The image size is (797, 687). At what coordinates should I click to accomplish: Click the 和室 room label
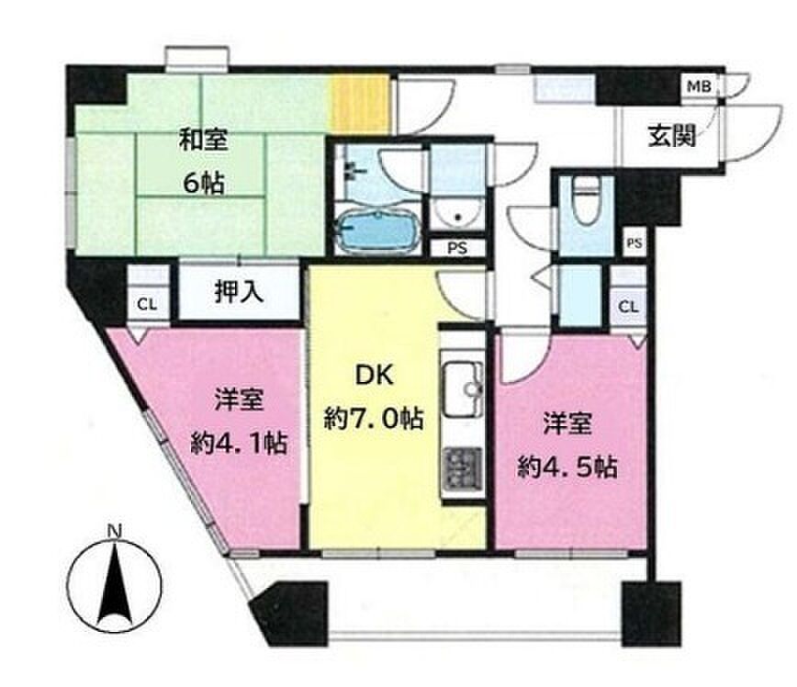[x=203, y=140]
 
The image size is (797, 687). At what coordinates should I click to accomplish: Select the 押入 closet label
[x=239, y=292]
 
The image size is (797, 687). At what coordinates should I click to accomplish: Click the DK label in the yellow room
[x=374, y=375]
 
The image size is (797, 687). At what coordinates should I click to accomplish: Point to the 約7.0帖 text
[x=374, y=419]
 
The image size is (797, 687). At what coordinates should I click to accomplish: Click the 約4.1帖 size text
[x=239, y=443]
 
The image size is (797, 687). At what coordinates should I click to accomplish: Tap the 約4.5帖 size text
[x=567, y=467]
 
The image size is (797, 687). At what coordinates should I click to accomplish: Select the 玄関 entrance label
[x=671, y=136]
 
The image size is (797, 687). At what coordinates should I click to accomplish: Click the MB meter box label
[x=699, y=86]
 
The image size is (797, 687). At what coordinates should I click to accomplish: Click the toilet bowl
[x=585, y=202]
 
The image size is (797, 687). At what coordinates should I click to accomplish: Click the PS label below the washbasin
[x=457, y=249]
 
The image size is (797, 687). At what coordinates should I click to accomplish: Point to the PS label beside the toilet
[x=634, y=243]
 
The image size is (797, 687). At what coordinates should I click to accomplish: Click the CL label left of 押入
[x=147, y=305]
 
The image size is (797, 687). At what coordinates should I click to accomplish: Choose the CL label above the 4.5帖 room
[x=628, y=307]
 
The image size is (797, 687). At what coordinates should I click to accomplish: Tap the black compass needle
[x=115, y=584]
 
